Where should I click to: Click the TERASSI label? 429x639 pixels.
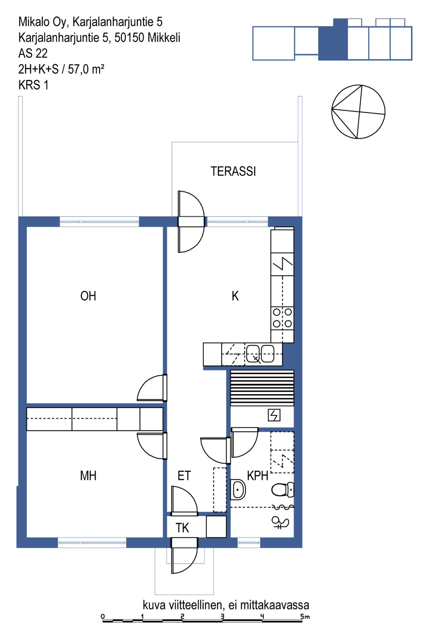[233, 171]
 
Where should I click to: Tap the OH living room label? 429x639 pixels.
[88, 296]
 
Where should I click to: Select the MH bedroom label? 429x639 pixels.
[88, 476]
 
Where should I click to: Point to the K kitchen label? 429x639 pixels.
[235, 296]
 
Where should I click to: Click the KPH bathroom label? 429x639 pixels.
[257, 476]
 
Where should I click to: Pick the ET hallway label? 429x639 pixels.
[184, 476]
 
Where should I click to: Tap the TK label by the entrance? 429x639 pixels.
[182, 528]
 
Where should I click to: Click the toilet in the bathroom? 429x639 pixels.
[283, 490]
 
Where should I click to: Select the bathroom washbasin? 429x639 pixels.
[238, 490]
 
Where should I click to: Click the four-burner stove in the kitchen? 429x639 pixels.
[282, 318]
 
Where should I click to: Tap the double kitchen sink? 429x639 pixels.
[260, 353]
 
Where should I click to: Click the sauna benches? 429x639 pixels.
[262, 388]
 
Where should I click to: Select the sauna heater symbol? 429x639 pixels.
[274, 415]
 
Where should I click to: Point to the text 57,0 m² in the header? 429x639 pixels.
[86, 69]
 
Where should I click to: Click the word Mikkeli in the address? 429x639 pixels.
[164, 38]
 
